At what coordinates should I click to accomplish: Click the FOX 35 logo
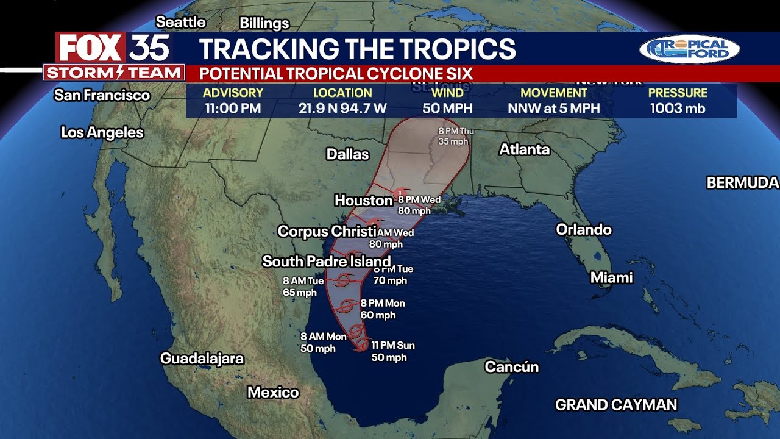click(113, 48)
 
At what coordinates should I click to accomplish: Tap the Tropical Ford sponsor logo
click(689, 49)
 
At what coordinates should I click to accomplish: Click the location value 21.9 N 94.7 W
click(342, 109)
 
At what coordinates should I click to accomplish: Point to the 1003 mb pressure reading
click(678, 109)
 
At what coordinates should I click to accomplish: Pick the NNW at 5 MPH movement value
click(554, 109)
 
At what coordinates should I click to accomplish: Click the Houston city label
click(363, 200)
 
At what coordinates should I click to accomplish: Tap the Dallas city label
click(347, 154)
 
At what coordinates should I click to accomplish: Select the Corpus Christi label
click(327, 232)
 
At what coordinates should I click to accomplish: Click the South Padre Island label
click(326, 262)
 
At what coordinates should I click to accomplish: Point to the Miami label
click(611, 278)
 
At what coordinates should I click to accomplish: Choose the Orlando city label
click(583, 230)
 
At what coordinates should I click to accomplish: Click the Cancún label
click(512, 366)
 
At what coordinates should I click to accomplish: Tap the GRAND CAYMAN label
click(616, 405)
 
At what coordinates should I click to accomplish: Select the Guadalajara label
click(202, 359)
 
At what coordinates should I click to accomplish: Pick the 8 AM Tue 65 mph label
click(302, 287)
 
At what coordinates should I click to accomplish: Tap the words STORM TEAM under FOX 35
click(115, 73)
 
